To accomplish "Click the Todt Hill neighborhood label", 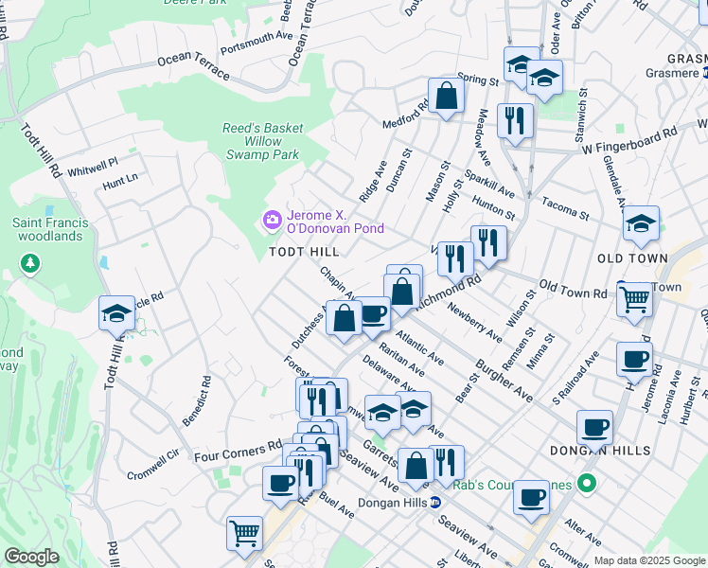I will point(304,252).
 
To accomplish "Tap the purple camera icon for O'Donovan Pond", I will point(273,221).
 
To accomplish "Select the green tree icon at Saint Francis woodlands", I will point(31,261).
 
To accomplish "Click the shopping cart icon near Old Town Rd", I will point(634,299).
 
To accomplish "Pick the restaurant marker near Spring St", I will point(514,120).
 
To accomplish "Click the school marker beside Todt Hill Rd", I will point(116,313).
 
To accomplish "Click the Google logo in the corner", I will point(31,557).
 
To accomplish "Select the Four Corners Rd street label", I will point(239,449).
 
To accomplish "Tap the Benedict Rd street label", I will point(202,400).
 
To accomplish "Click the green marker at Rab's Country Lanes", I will point(586,485).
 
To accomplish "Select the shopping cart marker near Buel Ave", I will point(244,533).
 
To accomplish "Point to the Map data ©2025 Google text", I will point(648,560).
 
